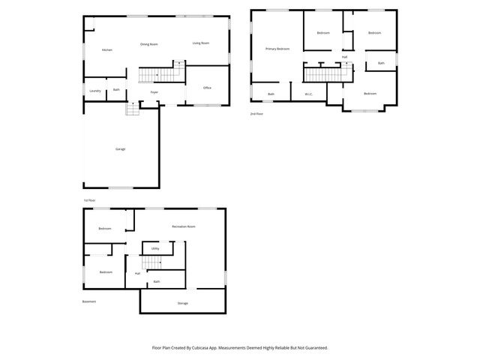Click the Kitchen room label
pos(107,50)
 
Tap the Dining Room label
pos(149,44)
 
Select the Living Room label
pos(200,43)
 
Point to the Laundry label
pos(94,91)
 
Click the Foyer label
pos(154,92)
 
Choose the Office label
pos(207,88)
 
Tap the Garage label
pos(120,149)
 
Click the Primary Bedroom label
pos(277,49)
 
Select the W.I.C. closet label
pos(308,94)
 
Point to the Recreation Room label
pos(184,226)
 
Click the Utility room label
pos(155,248)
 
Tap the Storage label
pos(182,303)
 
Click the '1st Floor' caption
pos(89,200)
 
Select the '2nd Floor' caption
pos(257,113)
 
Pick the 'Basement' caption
pos(89,301)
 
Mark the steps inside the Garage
pos(133,109)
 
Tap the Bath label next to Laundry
pos(116,90)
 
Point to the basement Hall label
pos(137,274)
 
